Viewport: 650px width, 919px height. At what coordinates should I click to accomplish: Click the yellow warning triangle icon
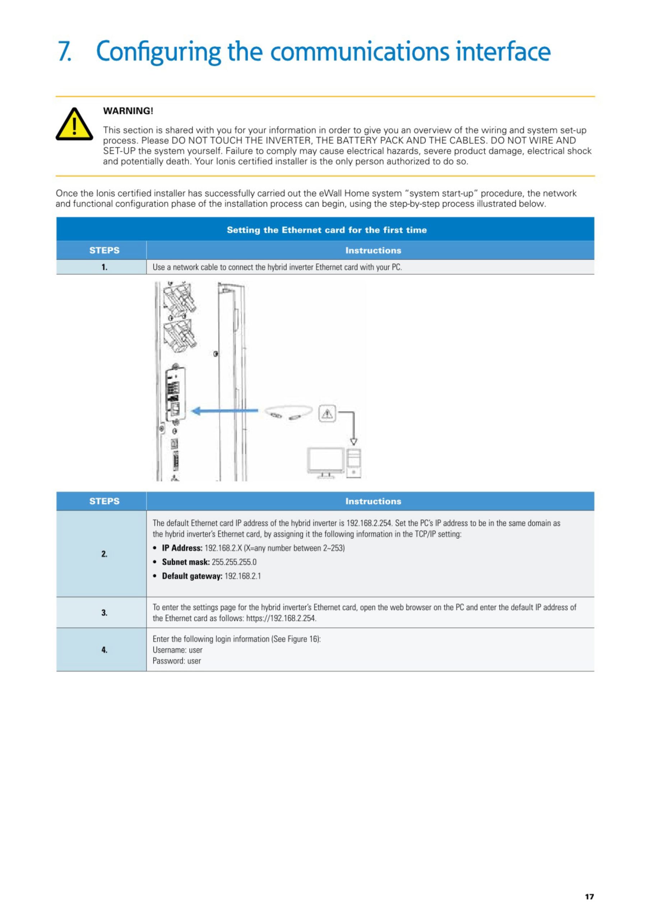tap(74, 125)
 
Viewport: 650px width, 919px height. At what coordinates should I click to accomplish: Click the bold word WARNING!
tap(128, 111)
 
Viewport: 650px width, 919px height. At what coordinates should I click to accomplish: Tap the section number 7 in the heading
tap(64, 51)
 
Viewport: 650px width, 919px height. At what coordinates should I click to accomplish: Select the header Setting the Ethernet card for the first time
tap(326, 230)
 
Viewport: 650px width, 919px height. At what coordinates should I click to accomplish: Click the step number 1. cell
tap(104, 267)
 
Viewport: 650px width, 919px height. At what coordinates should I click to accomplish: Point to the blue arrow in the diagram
tap(224, 411)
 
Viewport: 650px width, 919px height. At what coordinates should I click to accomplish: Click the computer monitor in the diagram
tap(326, 461)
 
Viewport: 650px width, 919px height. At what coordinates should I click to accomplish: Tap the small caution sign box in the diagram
tap(327, 413)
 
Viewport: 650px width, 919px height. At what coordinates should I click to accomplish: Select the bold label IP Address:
tap(182, 548)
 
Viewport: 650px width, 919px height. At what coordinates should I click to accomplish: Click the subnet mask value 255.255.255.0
tap(234, 562)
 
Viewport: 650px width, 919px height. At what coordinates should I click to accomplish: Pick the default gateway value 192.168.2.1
tap(242, 576)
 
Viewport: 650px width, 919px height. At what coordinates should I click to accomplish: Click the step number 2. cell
tap(104, 554)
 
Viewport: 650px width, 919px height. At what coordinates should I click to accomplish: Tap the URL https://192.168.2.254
tap(281, 619)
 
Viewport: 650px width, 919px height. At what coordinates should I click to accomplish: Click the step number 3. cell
tap(104, 613)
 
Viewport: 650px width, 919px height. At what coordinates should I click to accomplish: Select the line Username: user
tap(177, 650)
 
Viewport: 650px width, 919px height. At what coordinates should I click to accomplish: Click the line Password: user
tap(177, 661)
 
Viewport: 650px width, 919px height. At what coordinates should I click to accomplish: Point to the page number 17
tap(589, 897)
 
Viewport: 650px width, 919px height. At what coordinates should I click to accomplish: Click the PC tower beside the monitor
tap(354, 463)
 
